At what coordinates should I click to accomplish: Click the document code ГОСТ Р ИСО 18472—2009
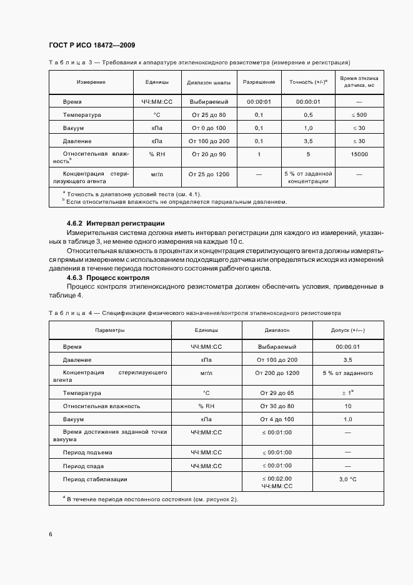91,45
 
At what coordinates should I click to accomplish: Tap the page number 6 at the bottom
51,534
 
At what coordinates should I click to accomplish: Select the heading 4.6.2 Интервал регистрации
116,223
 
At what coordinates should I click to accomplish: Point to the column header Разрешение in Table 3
259,82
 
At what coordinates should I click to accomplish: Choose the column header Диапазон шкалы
208,82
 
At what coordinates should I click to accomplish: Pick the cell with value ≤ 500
359,115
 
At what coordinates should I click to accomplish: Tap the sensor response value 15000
359,154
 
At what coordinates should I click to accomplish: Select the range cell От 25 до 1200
208,172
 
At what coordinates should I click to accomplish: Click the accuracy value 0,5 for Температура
308,115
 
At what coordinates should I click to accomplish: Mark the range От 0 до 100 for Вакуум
208,128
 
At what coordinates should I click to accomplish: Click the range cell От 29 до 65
277,392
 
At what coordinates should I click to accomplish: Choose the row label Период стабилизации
95,479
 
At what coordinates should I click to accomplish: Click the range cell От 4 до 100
277,419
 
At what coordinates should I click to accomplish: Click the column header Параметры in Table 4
109,329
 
